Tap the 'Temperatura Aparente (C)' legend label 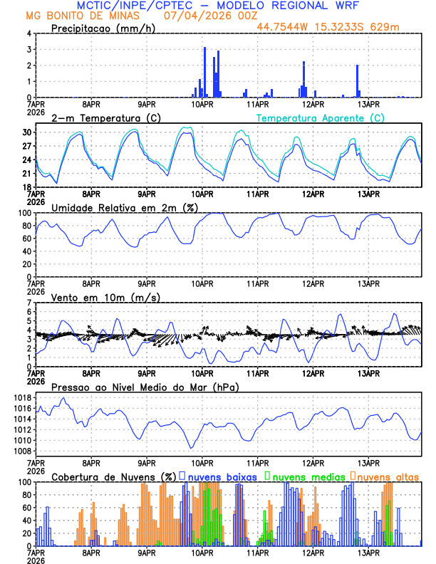[321, 117]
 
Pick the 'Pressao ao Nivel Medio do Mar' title [145, 387]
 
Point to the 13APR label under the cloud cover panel [368, 553]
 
